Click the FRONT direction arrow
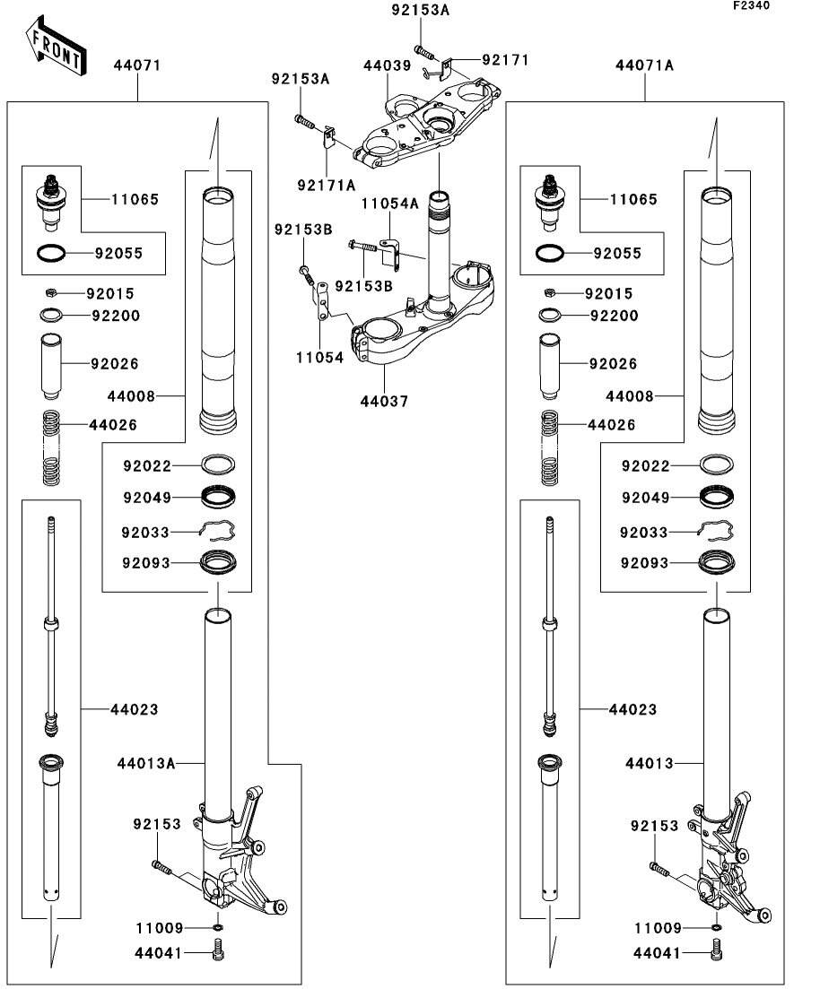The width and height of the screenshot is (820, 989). coord(57,49)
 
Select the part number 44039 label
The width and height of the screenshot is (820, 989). coord(387,66)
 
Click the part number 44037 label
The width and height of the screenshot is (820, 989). coord(385,402)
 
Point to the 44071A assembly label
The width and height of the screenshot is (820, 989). coord(644,65)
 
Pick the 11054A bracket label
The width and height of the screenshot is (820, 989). coord(390,204)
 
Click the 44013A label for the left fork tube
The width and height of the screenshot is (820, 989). coord(145,763)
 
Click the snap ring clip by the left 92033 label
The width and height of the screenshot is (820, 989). coord(218,531)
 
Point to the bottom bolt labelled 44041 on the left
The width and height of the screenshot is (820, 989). coord(218,952)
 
